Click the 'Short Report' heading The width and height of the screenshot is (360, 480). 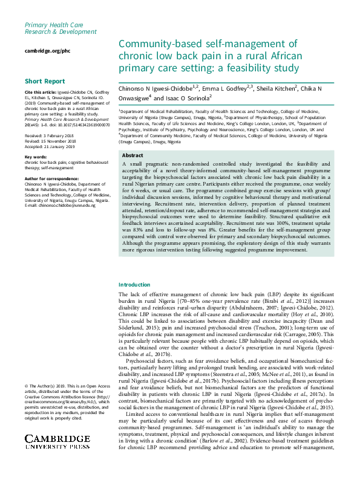tap(45, 81)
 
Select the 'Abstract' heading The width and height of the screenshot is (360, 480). tap(133, 155)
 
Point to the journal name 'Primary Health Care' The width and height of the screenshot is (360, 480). tap(54, 23)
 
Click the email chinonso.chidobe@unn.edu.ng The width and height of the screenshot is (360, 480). tap(65, 205)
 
